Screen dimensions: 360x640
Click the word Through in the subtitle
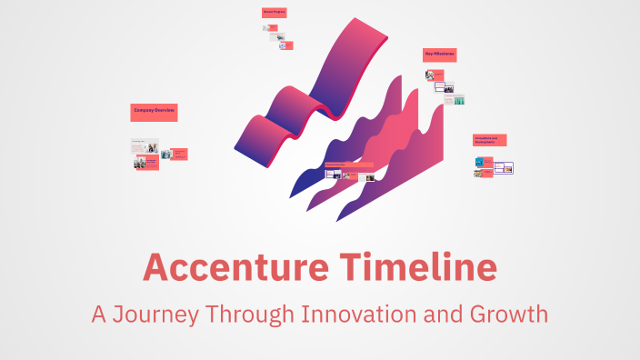pyautogui.click(x=251, y=315)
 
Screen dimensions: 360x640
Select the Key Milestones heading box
pyautogui.click(x=439, y=55)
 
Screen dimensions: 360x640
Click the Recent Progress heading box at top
pyautogui.click(x=274, y=13)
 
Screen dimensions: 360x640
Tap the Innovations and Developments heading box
pyautogui.click(x=489, y=140)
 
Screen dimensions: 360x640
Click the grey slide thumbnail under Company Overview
pyautogui.click(x=145, y=146)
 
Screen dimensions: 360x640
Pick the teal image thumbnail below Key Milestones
pyautogui.click(x=459, y=100)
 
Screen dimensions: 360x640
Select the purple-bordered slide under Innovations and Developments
pyautogui.click(x=504, y=167)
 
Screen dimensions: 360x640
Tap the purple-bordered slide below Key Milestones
pyautogui.click(x=445, y=87)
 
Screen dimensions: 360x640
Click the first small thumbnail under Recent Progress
pyautogui.click(x=270, y=28)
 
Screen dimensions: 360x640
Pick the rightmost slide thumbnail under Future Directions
pyautogui.click(x=370, y=177)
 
